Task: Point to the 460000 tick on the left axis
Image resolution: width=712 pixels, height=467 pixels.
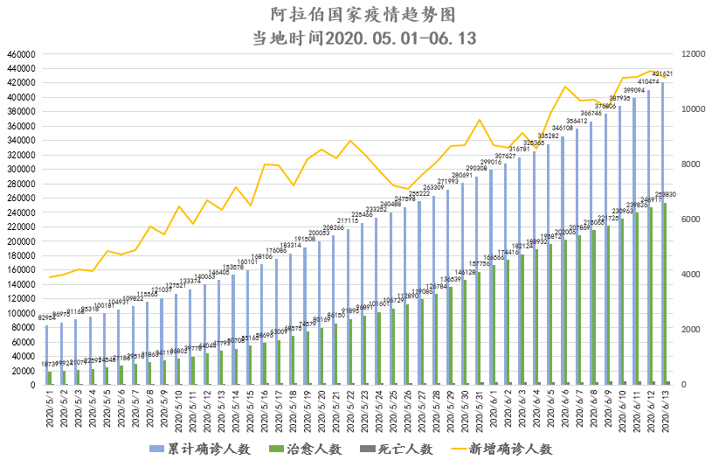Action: coord(20,54)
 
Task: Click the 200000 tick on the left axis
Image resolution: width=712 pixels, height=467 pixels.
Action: coord(20,241)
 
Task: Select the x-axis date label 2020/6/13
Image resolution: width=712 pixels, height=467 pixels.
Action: coord(666,408)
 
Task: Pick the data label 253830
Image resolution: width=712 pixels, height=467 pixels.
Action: coord(667,195)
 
